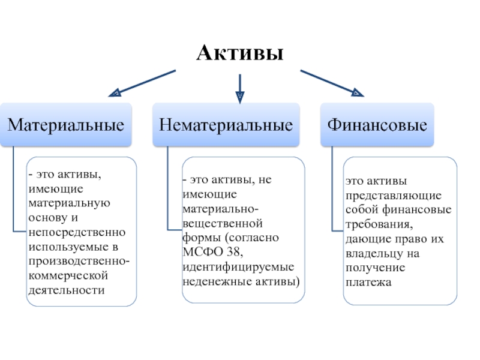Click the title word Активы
point(240,54)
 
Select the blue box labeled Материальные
point(66,125)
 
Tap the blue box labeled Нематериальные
point(226,125)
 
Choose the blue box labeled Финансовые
point(377,125)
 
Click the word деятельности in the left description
point(65,290)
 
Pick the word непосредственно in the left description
point(76,232)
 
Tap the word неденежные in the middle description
point(218,280)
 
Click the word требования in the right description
point(378,225)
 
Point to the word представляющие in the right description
point(393,195)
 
